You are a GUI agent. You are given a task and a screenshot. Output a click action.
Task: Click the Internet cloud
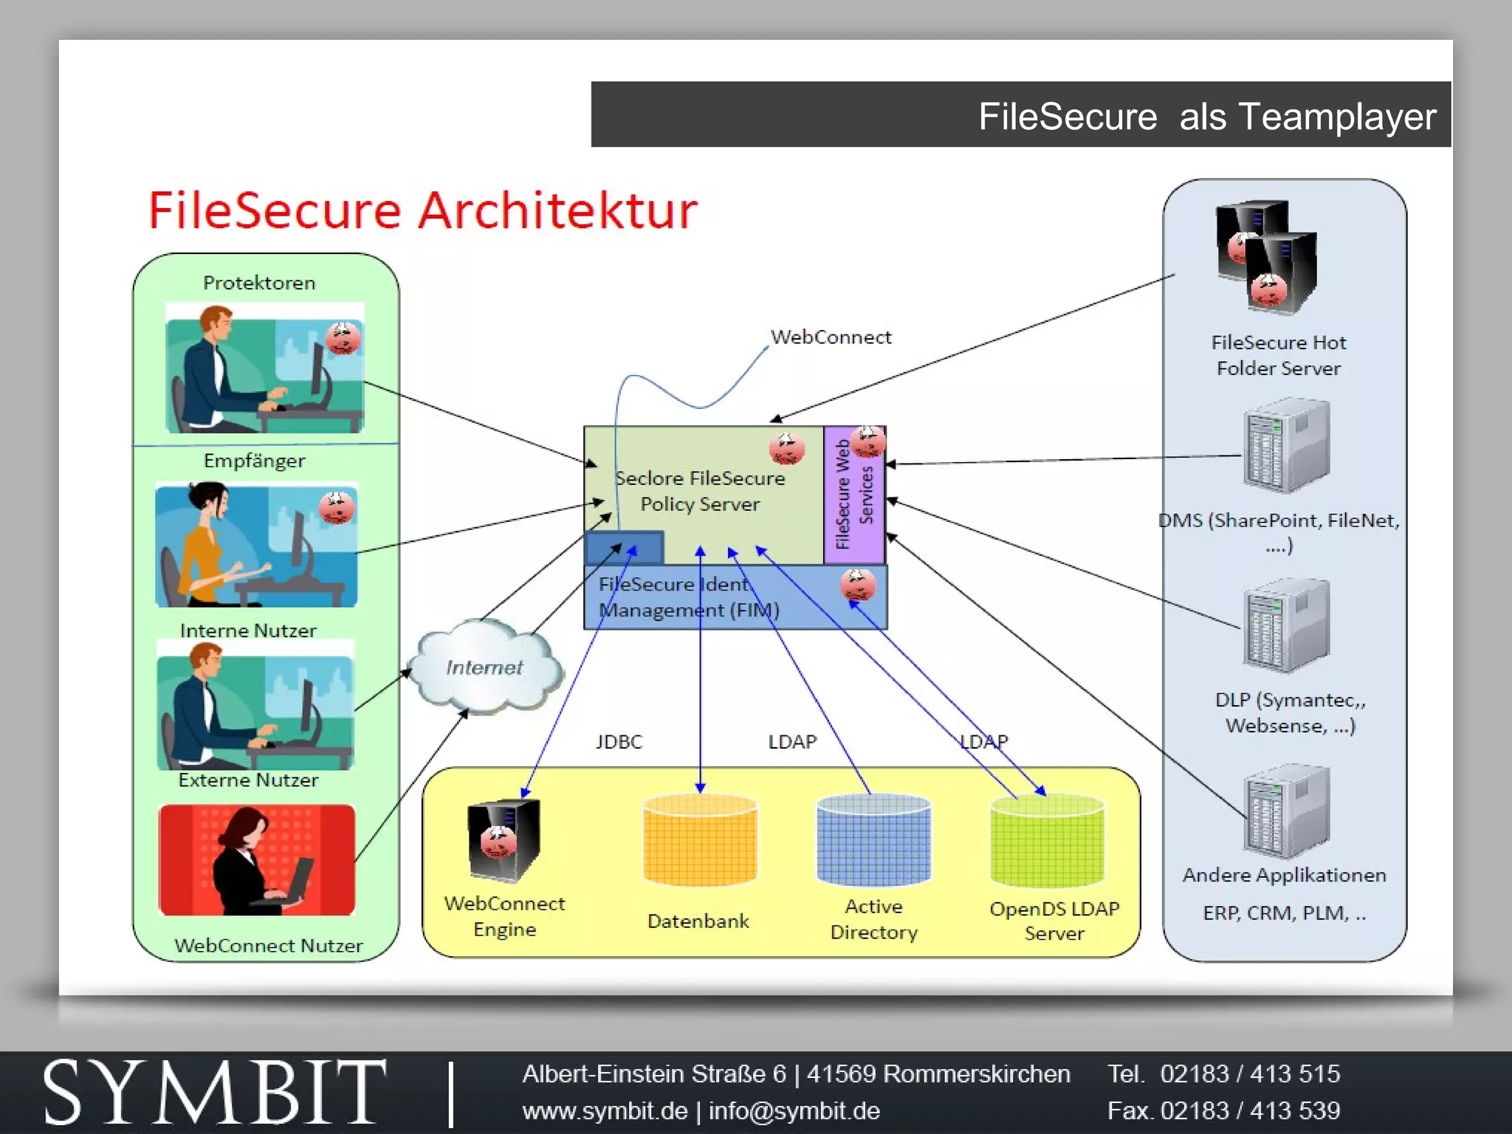[484, 667]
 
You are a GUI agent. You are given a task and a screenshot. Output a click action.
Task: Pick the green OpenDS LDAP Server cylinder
[1046, 841]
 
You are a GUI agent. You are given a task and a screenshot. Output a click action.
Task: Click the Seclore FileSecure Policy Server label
[700, 491]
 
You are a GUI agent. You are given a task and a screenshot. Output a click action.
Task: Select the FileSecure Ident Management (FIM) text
[688, 597]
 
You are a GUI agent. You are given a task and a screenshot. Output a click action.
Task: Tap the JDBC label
[619, 741]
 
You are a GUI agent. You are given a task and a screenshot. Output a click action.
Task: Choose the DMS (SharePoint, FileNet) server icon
[1285, 445]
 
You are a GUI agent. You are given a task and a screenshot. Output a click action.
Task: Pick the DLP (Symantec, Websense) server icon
[1285, 626]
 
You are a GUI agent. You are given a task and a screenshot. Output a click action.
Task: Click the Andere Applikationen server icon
[1285, 811]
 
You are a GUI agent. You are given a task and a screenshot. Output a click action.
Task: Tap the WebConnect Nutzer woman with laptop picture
[256, 860]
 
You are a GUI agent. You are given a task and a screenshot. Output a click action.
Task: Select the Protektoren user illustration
[264, 368]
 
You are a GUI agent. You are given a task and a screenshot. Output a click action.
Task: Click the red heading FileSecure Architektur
[422, 210]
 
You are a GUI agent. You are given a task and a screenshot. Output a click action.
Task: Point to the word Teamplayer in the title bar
[1337, 117]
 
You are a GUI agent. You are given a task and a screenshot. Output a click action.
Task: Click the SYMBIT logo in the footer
[214, 1092]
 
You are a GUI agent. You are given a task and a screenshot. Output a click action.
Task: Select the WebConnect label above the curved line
[831, 337]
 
